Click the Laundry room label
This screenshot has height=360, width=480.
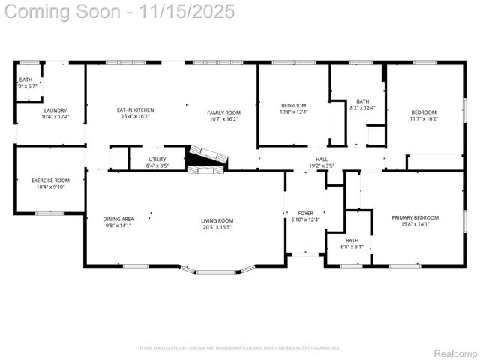pyautogui.click(x=55, y=110)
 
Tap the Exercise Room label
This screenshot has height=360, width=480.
pyautogui.click(x=50, y=181)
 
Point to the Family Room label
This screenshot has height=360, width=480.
pyautogui.click(x=223, y=112)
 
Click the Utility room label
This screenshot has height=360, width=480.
pyautogui.click(x=157, y=160)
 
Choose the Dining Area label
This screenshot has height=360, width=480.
pyautogui.click(x=118, y=219)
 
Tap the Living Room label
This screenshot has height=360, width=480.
pyautogui.click(x=217, y=220)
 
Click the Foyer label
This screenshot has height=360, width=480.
pyautogui.click(x=305, y=213)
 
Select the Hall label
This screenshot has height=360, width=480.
pyautogui.click(x=322, y=160)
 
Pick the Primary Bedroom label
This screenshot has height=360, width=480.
pyautogui.click(x=415, y=217)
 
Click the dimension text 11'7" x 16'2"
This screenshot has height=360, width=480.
pyautogui.click(x=424, y=118)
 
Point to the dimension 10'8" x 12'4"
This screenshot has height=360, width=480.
pyautogui.click(x=293, y=112)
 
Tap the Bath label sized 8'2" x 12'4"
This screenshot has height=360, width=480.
pyautogui.click(x=363, y=101)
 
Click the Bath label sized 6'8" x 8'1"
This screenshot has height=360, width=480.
pyautogui.click(x=352, y=240)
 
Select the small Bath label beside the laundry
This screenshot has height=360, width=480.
pyautogui.click(x=25, y=79)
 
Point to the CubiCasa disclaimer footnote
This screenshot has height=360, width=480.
pyautogui.click(x=240, y=348)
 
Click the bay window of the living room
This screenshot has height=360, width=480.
pyautogui.click(x=217, y=269)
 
